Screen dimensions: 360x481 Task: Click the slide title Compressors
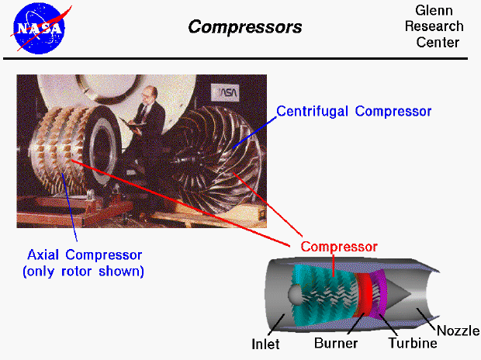coord(244,28)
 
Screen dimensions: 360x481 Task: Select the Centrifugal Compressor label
coord(354,112)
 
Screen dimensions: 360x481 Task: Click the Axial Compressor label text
coord(85,255)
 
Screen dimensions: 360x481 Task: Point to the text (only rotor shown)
coord(85,272)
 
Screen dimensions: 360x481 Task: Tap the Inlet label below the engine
coord(266,343)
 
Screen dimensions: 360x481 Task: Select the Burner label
coord(335,343)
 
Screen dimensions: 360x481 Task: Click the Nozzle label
coord(459,331)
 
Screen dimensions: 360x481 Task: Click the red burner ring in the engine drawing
coord(363,295)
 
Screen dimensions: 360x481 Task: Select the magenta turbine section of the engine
coord(378,293)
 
